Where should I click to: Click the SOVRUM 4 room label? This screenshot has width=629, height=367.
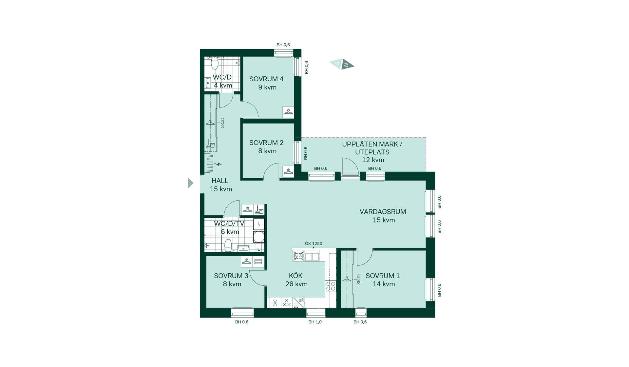point(266,83)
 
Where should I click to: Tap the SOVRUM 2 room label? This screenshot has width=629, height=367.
point(266,147)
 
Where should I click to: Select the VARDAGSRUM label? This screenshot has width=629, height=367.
point(383,216)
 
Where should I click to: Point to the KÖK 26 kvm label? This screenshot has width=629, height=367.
point(296,280)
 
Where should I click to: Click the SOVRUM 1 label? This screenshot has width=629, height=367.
point(383,280)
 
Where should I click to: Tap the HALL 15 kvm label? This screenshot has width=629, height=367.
point(220,185)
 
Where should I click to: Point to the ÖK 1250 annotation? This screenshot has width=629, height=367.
point(314,243)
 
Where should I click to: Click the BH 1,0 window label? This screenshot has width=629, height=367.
point(315,322)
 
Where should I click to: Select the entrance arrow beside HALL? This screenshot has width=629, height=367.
point(190,183)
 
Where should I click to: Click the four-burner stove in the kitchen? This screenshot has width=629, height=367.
point(331,286)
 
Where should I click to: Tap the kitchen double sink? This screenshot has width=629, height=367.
point(312,256)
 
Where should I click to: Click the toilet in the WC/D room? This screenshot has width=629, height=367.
point(215,63)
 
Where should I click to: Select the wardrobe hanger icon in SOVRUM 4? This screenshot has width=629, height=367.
point(288,112)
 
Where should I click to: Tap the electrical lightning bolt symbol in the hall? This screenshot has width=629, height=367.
point(218,164)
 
